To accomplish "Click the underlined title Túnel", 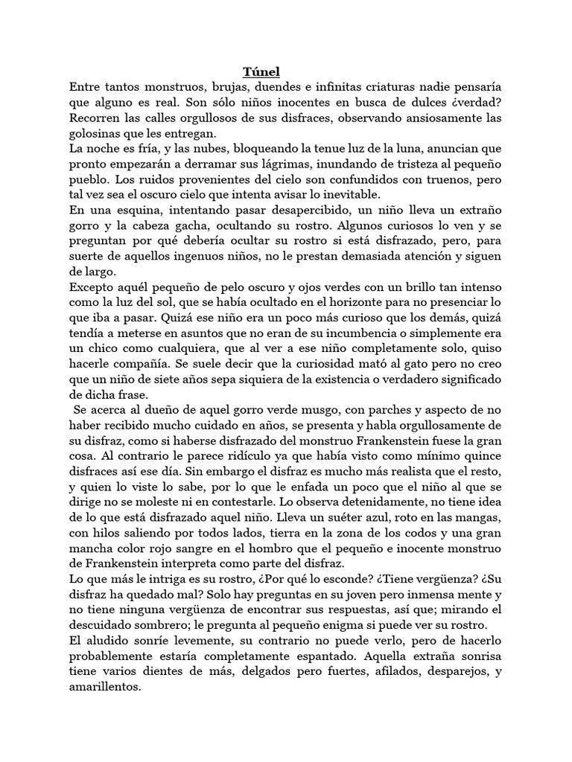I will coord(261,71).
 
